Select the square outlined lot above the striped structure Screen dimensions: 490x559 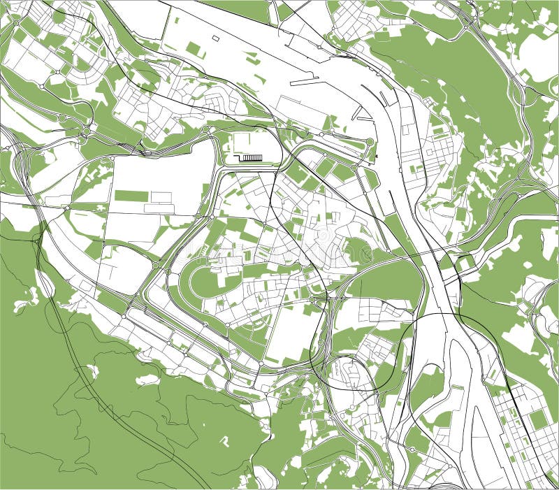245,143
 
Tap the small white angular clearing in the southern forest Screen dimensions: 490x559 225,441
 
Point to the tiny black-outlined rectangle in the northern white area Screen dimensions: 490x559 215,38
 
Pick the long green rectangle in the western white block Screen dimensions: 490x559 131,196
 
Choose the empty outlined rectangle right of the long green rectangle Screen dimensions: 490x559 161,198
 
